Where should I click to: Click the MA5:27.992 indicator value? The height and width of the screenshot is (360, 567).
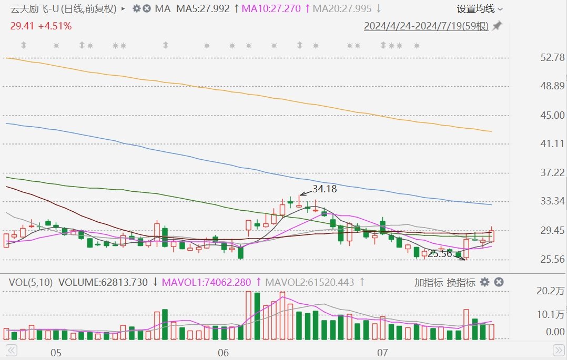point(203,8)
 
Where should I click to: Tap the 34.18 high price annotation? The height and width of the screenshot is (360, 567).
point(325,189)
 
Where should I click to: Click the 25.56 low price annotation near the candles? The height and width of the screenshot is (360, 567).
point(440,254)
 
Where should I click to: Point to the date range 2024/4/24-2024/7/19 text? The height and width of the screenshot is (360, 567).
point(426,26)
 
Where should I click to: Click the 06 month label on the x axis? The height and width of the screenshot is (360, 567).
point(223,352)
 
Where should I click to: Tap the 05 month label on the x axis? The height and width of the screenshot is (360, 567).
point(56,352)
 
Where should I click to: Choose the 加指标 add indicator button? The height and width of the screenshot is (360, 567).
point(428,282)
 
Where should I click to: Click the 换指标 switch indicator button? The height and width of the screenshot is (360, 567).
point(461,282)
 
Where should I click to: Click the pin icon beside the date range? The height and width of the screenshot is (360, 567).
point(497,26)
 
